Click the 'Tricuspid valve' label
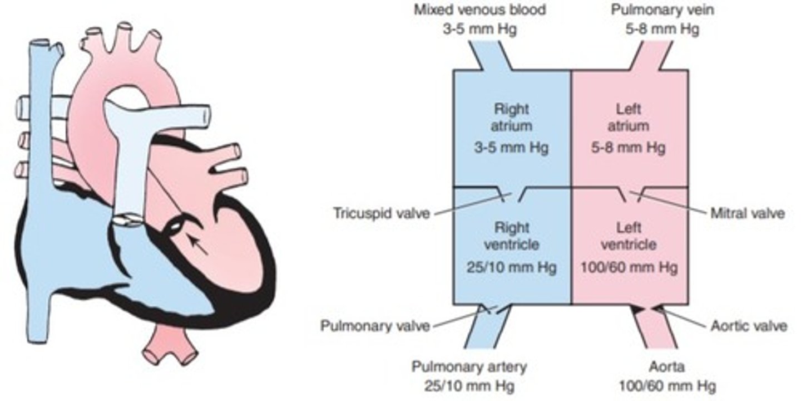(x=382, y=213)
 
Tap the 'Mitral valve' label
(x=748, y=213)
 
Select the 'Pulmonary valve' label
(x=375, y=325)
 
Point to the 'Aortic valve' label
(x=749, y=325)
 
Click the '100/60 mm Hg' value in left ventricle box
(x=630, y=268)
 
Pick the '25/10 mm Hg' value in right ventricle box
(x=512, y=268)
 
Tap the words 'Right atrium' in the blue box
(x=512, y=116)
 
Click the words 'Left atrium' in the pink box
(x=630, y=116)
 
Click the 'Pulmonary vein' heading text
(x=655, y=9)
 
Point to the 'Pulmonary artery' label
(x=469, y=367)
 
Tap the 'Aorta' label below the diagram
(x=667, y=367)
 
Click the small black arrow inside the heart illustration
(x=198, y=245)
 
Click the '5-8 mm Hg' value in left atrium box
(x=630, y=149)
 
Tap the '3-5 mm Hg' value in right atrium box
(x=512, y=149)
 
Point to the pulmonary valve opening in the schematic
(x=494, y=309)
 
